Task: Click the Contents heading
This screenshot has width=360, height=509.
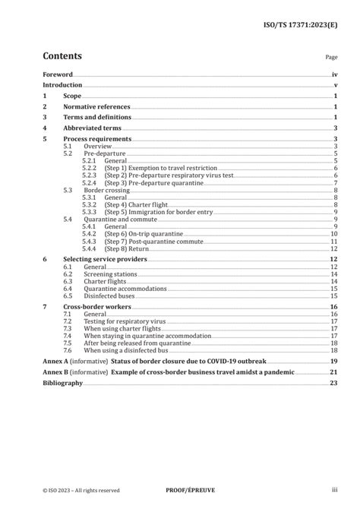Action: (x=62, y=55)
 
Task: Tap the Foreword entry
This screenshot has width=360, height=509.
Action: (x=58, y=75)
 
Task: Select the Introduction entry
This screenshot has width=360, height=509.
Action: (x=62, y=86)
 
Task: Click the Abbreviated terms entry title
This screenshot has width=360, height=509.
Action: (x=92, y=129)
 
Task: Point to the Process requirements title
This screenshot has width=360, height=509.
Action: (x=97, y=140)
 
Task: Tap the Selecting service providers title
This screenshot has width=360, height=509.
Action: (x=103, y=260)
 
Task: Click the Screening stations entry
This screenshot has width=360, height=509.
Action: (x=110, y=274)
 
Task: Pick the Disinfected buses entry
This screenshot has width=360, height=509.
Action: (x=109, y=296)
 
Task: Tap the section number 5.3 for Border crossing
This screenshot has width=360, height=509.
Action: (x=68, y=190)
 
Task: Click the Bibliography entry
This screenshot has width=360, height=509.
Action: (x=62, y=384)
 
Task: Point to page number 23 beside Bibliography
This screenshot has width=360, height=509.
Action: (x=333, y=384)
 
